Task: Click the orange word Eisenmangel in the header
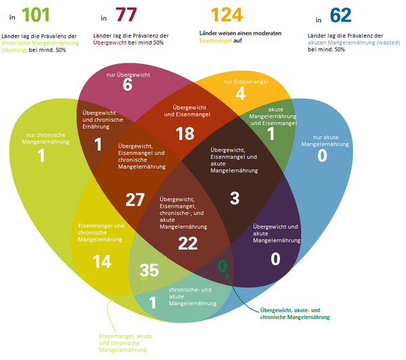[x=216, y=41]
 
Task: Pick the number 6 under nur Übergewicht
[x=127, y=85]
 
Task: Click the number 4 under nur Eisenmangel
[x=240, y=93]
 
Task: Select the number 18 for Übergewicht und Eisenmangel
[x=185, y=133]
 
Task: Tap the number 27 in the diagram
[x=135, y=200]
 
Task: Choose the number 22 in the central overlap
[x=187, y=243]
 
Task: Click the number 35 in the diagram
[x=150, y=271]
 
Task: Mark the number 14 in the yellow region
[x=101, y=262]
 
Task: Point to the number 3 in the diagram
[x=235, y=198]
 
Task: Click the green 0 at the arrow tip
[x=221, y=266]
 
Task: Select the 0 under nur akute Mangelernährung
[x=321, y=156]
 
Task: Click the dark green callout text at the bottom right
[x=299, y=313]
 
